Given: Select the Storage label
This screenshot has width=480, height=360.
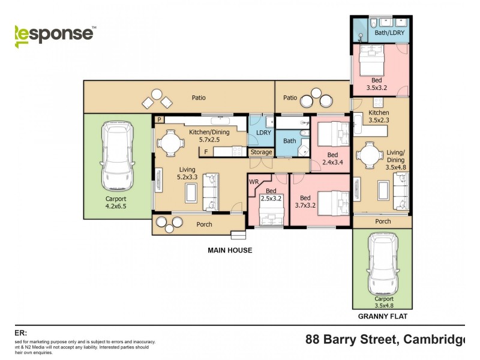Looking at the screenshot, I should tap(262, 152).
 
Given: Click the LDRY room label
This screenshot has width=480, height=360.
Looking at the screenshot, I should tap(262, 133).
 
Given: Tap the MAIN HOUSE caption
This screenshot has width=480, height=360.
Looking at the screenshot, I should tap(230, 250).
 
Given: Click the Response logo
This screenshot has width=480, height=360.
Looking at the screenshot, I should tap(54, 33).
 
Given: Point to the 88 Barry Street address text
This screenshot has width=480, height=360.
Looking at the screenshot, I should tap(384, 340).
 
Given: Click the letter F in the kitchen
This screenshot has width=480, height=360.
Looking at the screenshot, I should tap(206, 152).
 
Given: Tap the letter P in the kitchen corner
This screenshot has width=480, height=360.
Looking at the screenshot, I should tap(159, 119).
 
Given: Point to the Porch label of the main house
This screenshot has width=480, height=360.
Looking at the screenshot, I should tap(193, 226).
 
